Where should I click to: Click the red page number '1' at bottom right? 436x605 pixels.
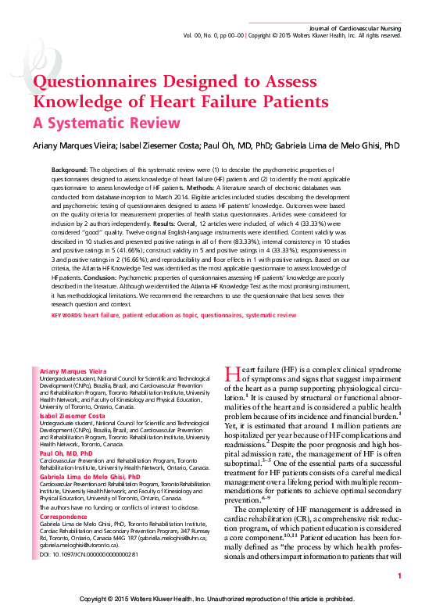click(399, 576)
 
